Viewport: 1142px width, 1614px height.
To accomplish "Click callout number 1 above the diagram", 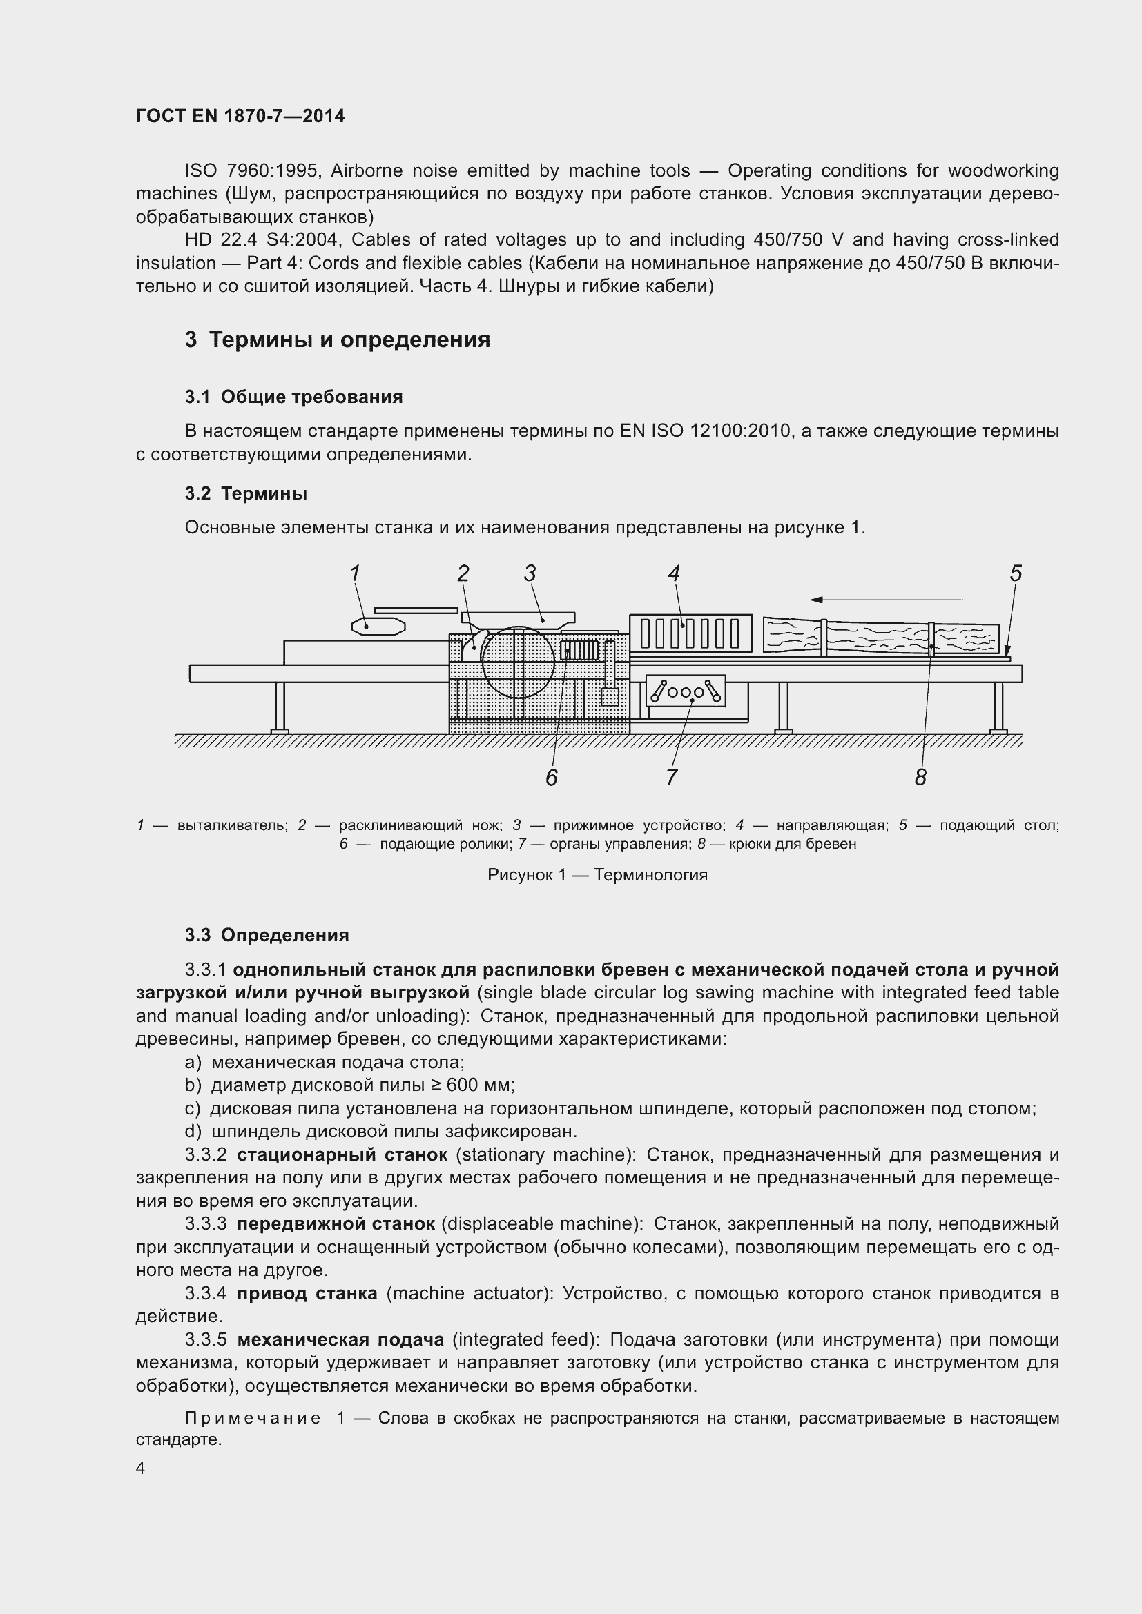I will click(x=356, y=573).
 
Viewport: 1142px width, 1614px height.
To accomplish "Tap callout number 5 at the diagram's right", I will click(x=1016, y=573).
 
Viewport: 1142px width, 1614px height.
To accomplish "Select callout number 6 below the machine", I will click(x=551, y=778).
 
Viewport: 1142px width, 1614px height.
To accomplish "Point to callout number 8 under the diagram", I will click(x=920, y=778).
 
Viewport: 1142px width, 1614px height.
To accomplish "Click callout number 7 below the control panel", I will click(x=672, y=778).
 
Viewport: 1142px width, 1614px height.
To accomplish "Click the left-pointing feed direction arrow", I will click(x=886, y=600).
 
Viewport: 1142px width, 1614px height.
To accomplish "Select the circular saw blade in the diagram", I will click(x=518, y=661).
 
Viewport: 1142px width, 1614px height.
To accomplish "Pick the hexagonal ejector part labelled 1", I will click(x=378, y=626).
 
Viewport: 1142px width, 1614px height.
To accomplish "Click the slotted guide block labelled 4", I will click(x=690, y=633).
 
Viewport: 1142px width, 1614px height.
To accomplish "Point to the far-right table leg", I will click(x=997, y=707).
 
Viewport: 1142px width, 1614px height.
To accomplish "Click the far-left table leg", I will click(x=280, y=707).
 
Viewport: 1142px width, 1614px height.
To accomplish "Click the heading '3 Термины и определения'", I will click(x=338, y=340).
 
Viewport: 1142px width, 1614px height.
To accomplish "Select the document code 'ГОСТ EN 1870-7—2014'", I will click(x=240, y=117).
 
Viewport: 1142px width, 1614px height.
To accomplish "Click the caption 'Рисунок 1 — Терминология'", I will click(x=598, y=875).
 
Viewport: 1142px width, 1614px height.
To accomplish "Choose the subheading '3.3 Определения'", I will click(x=267, y=935).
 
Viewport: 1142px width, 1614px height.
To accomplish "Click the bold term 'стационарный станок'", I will click(x=342, y=1155).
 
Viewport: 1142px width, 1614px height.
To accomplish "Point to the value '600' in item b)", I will click(x=462, y=1085).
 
